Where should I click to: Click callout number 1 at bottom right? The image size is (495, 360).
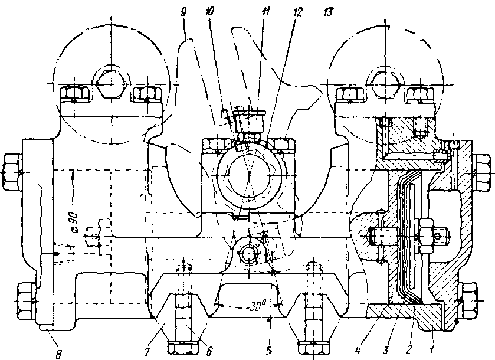point(435,341)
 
